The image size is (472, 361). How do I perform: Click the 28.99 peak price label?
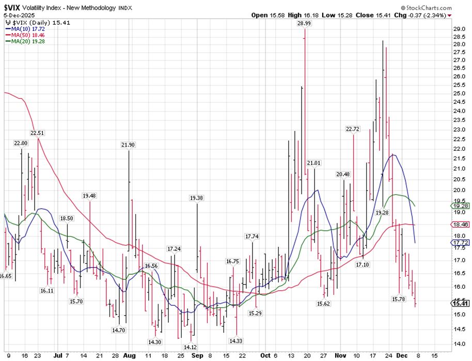point(304,24)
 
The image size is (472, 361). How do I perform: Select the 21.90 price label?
point(128,145)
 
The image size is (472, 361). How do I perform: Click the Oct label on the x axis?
point(265,356)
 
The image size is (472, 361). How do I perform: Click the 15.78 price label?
point(398,299)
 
